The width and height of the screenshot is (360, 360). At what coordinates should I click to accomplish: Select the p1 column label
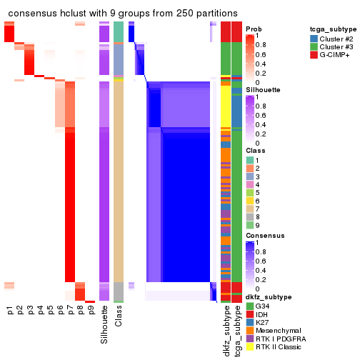[9, 311]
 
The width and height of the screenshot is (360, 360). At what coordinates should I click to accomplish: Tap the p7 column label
[70, 311]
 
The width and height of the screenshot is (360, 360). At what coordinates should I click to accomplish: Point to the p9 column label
[90, 311]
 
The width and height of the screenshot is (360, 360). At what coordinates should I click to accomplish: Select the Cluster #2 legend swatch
[315, 37]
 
